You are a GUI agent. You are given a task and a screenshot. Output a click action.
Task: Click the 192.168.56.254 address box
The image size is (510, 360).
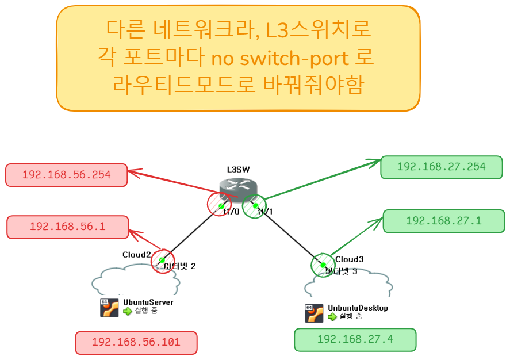(x=66, y=175)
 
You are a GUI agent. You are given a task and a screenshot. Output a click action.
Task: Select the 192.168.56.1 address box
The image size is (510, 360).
(x=67, y=227)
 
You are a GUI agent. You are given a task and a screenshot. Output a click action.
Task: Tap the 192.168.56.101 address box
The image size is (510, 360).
(x=136, y=342)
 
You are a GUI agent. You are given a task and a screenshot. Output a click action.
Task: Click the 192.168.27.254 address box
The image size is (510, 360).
(x=441, y=167)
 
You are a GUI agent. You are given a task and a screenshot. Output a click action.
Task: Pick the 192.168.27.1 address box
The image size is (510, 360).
(x=443, y=221)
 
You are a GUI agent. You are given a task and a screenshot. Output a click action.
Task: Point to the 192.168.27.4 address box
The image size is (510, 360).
(x=355, y=339)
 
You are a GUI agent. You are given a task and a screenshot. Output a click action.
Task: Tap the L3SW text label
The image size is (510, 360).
(x=238, y=169)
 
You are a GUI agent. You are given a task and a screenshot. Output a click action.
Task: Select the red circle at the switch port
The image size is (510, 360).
(x=219, y=204)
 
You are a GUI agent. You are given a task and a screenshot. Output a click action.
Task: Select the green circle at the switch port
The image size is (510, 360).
(x=254, y=206)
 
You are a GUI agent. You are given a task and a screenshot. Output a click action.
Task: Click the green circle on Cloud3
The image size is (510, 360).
(x=323, y=265)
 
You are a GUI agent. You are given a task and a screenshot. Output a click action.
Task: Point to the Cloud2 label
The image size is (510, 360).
(x=136, y=255)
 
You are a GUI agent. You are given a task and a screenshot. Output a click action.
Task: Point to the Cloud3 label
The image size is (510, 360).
(x=350, y=259)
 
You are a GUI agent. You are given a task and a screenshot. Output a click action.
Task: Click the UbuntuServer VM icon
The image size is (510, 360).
(x=109, y=308)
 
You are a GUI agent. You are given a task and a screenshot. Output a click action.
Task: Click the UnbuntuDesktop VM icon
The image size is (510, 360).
(x=314, y=313)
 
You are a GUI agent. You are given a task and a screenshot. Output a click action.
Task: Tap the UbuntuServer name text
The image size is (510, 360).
(x=148, y=302)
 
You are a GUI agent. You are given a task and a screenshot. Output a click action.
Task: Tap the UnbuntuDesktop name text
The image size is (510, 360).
(x=358, y=308)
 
